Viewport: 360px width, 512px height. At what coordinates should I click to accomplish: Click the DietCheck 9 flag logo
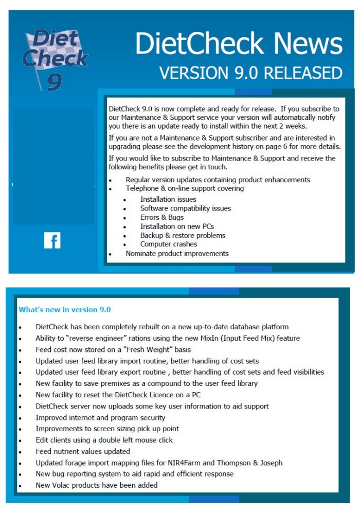point(55,60)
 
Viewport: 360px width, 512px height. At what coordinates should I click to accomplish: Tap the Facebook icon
point(52,240)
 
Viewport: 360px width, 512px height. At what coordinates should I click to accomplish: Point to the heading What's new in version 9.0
point(65,309)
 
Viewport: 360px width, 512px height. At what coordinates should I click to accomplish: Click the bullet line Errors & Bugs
point(161,217)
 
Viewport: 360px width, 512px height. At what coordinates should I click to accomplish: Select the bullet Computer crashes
point(168,244)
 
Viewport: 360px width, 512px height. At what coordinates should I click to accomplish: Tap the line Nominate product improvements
point(177,253)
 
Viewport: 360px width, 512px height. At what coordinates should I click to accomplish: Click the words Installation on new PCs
point(177,226)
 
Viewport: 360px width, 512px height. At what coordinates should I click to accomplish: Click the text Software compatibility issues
point(185,208)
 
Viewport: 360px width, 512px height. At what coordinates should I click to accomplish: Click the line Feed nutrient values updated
point(83,451)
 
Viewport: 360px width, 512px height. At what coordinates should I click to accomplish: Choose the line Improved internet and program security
point(100,417)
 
